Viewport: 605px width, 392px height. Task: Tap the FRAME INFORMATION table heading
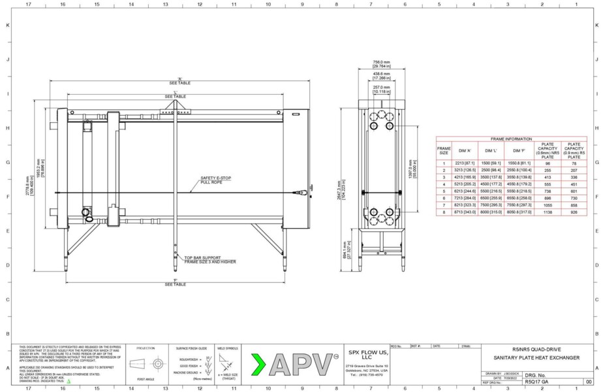point(511,139)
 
